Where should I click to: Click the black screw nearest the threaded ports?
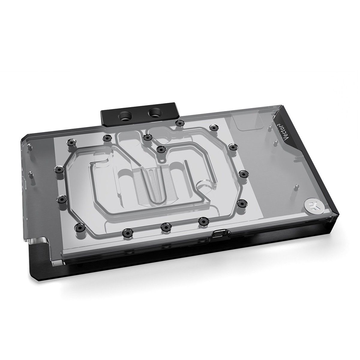(179, 123)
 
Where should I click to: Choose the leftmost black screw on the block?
(57, 170)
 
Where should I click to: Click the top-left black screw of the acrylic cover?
(71, 142)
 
